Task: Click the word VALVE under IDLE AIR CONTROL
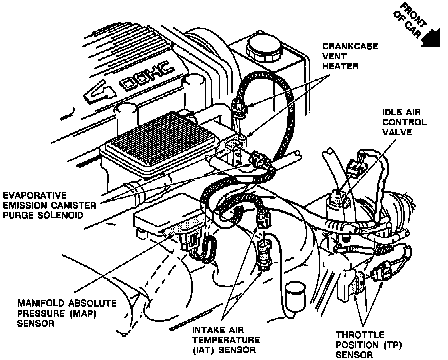tap(397, 132)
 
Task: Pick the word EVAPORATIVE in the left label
tap(35, 195)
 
